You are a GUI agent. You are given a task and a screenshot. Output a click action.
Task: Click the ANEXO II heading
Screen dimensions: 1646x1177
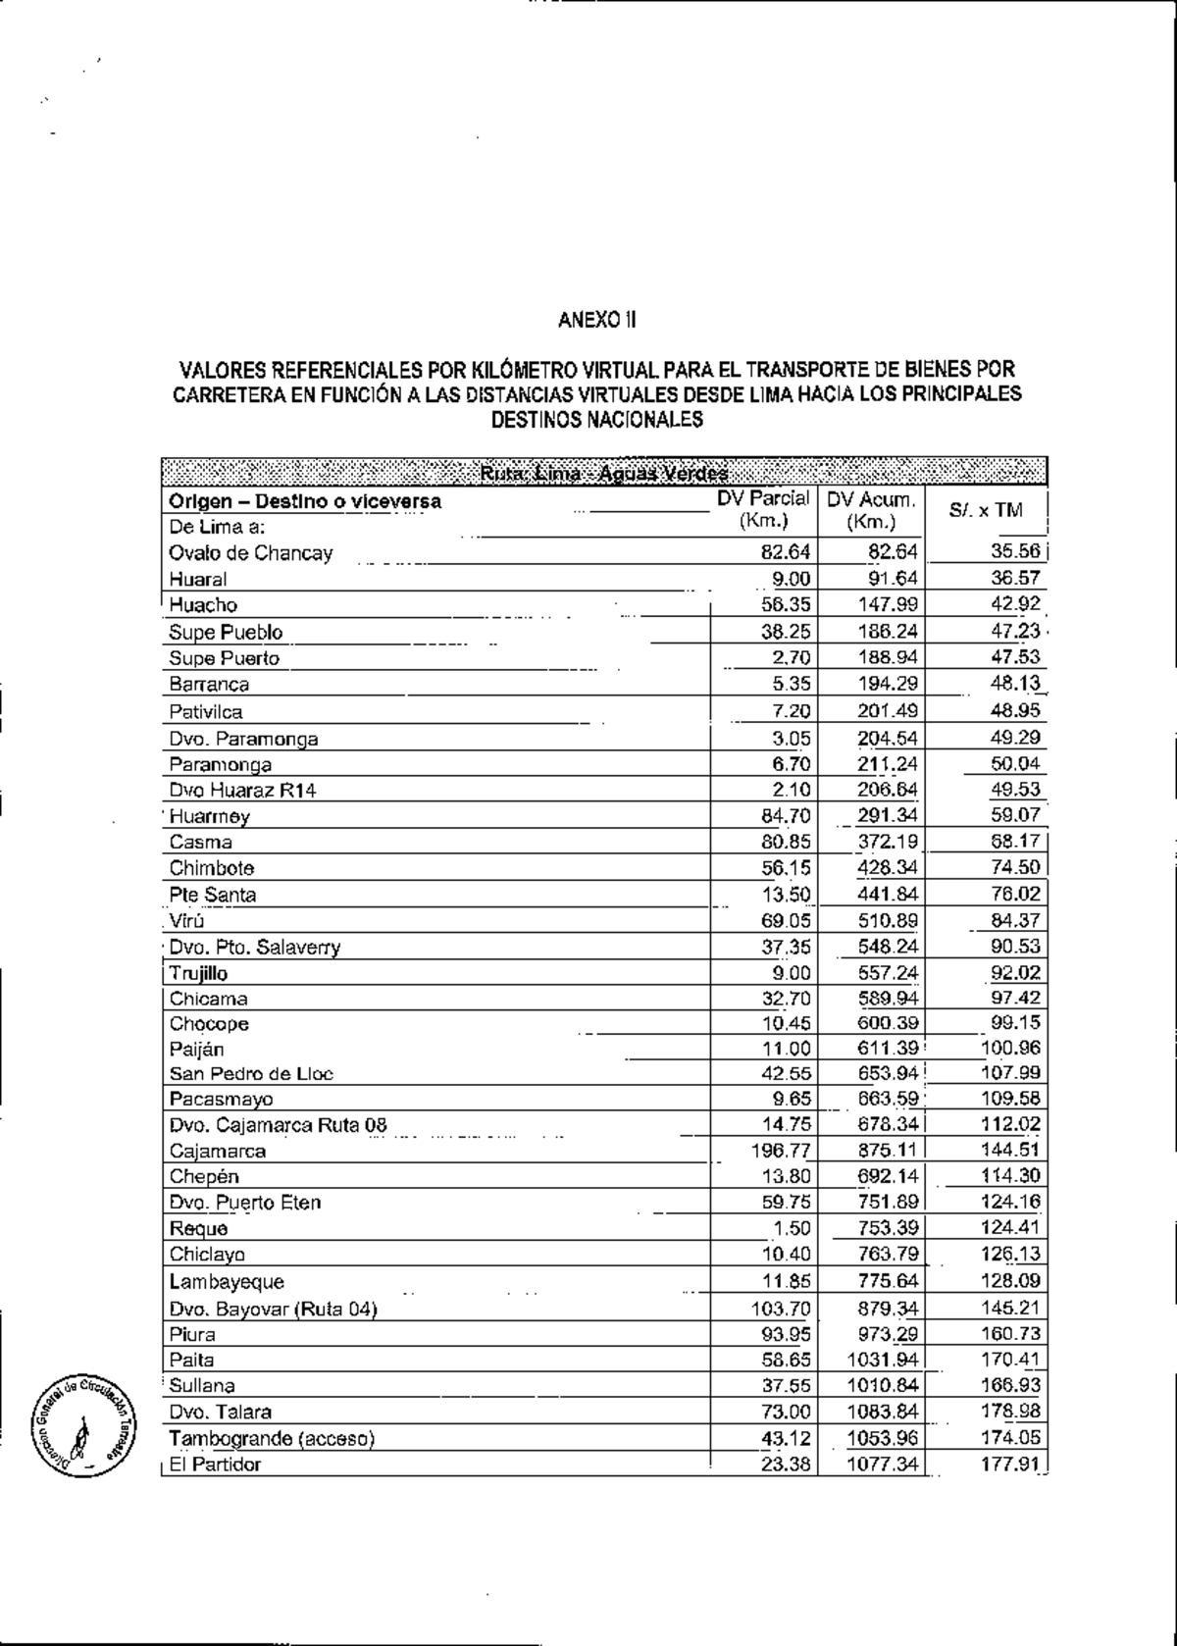pos(597,320)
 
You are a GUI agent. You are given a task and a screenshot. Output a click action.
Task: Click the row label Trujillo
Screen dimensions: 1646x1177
pos(198,973)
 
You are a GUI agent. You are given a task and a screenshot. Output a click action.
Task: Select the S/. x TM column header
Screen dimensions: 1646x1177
pos(986,510)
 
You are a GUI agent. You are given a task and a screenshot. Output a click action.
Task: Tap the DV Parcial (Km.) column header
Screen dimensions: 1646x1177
pos(763,510)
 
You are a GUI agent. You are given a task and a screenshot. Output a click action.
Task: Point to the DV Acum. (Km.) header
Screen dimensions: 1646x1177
pos(871,510)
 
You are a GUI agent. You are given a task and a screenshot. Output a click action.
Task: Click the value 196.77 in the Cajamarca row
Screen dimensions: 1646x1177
pos(780,1150)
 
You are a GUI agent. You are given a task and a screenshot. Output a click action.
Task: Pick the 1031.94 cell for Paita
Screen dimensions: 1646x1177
pos(883,1360)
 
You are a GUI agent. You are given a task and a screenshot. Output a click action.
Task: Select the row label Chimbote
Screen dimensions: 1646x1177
pos(212,868)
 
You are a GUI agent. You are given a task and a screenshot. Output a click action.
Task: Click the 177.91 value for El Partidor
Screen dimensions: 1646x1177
pos(1011,1465)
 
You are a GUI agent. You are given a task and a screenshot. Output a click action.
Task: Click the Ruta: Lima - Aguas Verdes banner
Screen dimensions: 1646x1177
pos(604,475)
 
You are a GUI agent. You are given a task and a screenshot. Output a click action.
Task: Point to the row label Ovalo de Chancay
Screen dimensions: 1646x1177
pos(250,553)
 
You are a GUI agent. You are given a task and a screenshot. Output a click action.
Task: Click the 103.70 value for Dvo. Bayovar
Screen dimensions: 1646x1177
pos(780,1308)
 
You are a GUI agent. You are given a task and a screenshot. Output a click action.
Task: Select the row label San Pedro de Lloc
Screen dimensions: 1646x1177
pos(251,1073)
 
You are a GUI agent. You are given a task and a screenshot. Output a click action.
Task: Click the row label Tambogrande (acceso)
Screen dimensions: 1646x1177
pos(272,1438)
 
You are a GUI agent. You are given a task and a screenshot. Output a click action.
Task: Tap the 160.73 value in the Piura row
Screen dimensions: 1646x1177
pos(1011,1334)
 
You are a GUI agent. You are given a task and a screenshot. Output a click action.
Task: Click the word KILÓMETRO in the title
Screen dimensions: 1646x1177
pos(525,371)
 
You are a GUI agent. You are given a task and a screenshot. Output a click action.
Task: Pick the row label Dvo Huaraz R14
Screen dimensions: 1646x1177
pos(242,791)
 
